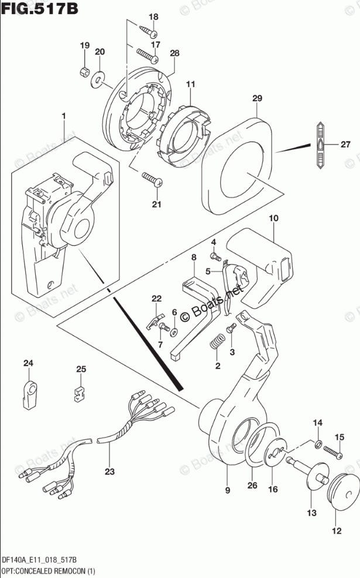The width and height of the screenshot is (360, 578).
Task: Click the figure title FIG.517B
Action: pyautogui.click(x=39, y=8)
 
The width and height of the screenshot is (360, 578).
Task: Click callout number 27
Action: pyautogui.click(x=345, y=144)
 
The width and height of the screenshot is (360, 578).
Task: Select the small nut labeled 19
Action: pyautogui.click(x=85, y=71)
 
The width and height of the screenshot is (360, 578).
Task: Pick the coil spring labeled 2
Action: pyautogui.click(x=217, y=341)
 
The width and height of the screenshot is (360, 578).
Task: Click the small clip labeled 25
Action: pyautogui.click(x=79, y=393)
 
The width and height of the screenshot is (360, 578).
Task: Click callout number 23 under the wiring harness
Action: pyautogui.click(x=109, y=471)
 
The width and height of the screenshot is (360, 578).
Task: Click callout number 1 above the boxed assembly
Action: pyautogui.click(x=64, y=116)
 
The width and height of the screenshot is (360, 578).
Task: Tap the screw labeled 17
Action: pyautogui.click(x=148, y=56)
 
